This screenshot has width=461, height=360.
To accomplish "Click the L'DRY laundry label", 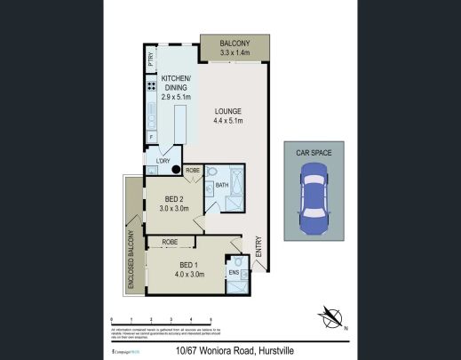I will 163,161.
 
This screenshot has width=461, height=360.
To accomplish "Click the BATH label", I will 221,185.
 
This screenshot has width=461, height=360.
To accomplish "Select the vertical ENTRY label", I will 258,246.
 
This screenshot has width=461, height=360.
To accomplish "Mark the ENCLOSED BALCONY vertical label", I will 131,259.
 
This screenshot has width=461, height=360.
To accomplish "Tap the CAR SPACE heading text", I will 314,154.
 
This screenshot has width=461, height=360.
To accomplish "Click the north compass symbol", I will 331,316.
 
